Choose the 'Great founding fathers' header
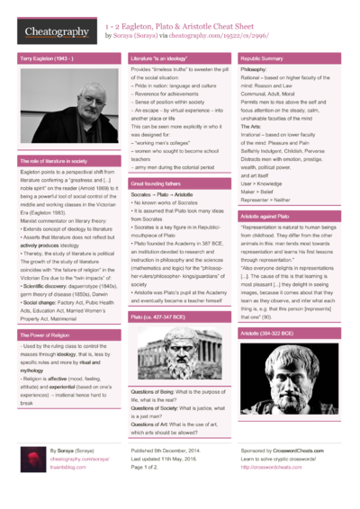pyautogui.click(x=157, y=183)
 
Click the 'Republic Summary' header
pyautogui.click(x=262, y=58)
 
